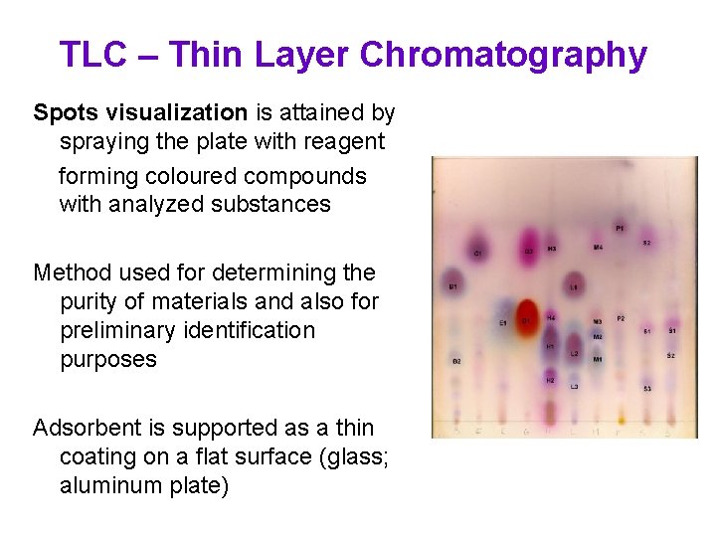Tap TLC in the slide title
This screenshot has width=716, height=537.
pos(92,55)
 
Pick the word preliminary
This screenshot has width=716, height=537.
pos(124,329)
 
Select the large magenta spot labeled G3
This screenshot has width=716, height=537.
pos(528,244)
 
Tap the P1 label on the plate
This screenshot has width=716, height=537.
pos(620,229)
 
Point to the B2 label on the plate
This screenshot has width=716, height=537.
pos(455,361)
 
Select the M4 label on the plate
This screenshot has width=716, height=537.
pos(598,247)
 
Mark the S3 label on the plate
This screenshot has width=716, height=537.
pos(647,388)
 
